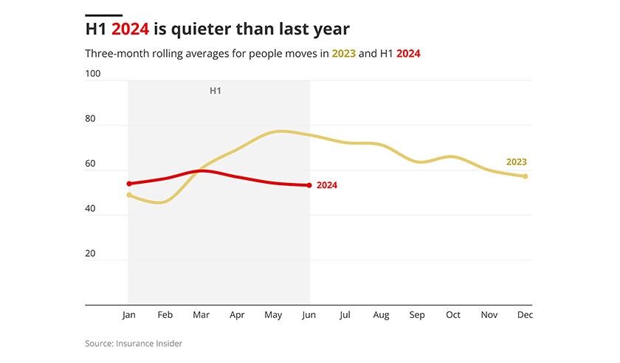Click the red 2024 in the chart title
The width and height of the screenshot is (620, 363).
[x=131, y=30]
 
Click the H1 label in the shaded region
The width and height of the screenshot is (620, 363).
[x=216, y=91]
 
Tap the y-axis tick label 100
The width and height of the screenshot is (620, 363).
[x=93, y=74]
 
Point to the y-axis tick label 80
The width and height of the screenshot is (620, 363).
[x=91, y=119]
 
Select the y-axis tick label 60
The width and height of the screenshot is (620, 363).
[x=91, y=164]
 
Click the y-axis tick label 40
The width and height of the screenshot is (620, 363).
[x=91, y=209]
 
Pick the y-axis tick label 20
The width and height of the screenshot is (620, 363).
[x=91, y=254]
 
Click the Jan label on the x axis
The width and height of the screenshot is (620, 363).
[x=129, y=315]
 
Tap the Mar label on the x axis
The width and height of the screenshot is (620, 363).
[x=201, y=315]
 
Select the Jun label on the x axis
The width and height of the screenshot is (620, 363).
[x=309, y=315]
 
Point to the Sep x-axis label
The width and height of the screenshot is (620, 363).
[x=417, y=315]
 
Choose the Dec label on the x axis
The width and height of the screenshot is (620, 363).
[x=525, y=315]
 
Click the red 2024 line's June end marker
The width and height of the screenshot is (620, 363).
[x=309, y=185]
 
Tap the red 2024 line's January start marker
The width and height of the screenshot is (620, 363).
[x=129, y=184]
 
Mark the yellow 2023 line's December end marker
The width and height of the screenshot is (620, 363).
[x=525, y=176]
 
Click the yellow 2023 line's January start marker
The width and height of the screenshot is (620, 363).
[x=129, y=195]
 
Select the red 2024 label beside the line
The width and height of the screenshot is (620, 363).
[x=326, y=185]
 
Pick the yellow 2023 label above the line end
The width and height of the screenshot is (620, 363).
[x=517, y=162]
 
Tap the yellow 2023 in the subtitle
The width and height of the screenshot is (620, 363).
[x=343, y=54]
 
